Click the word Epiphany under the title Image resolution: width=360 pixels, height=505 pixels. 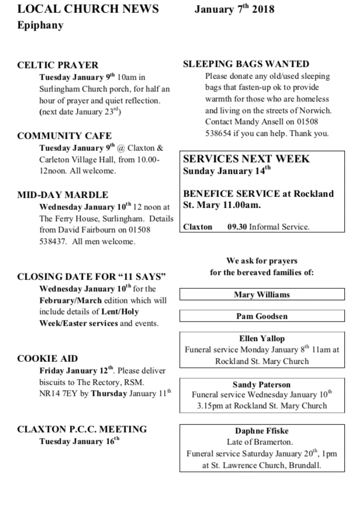click(40, 26)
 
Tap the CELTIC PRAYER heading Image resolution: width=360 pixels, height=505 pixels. click(58, 65)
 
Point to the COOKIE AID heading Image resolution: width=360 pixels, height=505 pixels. click(48, 358)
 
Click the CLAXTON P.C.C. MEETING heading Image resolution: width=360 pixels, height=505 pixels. click(82, 429)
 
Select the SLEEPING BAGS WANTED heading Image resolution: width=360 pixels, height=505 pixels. click(246, 64)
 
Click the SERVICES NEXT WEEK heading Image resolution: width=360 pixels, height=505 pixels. click(247, 159)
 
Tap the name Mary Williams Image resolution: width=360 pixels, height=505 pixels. click(262, 295)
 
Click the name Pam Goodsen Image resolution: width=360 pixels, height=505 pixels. click(262, 316)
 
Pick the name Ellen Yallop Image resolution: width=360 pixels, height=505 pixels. click(262, 338)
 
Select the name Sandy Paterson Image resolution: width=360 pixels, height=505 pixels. click(262, 385)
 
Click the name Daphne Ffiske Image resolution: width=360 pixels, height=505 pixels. click(262, 431)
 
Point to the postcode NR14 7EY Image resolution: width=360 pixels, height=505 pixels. click(62, 392)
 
